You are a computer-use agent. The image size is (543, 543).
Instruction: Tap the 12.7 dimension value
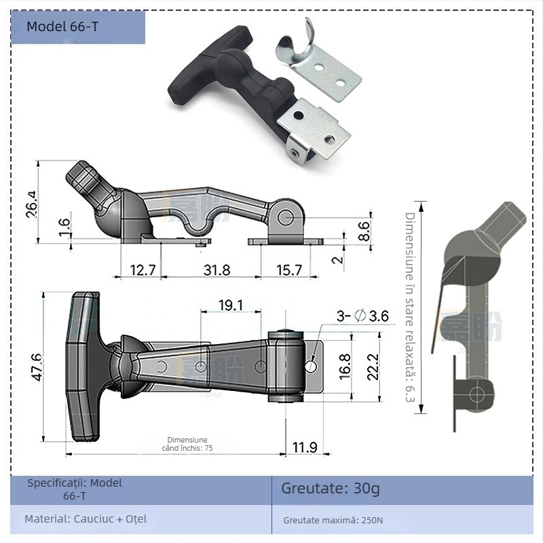[x=143, y=270]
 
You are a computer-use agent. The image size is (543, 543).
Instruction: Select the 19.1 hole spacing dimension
[x=231, y=305]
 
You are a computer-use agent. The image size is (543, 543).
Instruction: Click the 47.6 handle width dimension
[x=36, y=367]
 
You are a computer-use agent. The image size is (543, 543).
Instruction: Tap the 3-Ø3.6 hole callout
[x=363, y=316]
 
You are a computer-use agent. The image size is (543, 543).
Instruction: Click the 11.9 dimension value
[x=304, y=447]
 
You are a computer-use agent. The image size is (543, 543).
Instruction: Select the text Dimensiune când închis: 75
[x=187, y=444]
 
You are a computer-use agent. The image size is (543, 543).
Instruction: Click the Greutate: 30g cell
[x=331, y=489]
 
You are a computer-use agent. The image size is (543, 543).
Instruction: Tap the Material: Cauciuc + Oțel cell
[x=86, y=519]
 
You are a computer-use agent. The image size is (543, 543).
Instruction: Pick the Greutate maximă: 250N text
[x=333, y=521]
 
